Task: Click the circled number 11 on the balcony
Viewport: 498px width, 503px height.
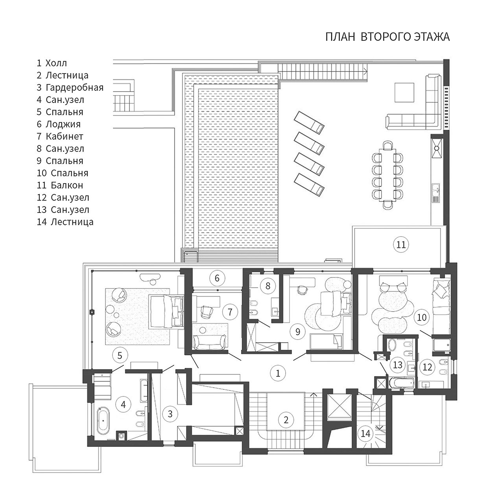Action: click(x=401, y=244)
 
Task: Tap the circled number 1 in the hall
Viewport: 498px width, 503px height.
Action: click(x=278, y=373)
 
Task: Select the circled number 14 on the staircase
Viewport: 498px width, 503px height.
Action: click(x=365, y=434)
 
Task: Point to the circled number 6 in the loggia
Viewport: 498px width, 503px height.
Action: click(x=217, y=278)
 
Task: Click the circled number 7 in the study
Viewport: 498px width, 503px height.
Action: click(x=230, y=312)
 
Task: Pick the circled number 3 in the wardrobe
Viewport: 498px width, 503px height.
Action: click(x=170, y=414)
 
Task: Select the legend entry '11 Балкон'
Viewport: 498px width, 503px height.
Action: click(x=60, y=185)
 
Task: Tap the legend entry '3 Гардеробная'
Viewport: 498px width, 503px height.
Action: click(x=70, y=88)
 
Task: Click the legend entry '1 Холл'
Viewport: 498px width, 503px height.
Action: click(x=52, y=63)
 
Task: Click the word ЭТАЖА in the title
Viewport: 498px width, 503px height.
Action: click(x=432, y=37)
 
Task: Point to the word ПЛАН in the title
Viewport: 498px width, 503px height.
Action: click(x=340, y=37)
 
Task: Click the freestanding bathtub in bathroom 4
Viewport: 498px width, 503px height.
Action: click(x=103, y=421)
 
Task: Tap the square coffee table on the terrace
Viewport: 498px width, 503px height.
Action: click(x=404, y=92)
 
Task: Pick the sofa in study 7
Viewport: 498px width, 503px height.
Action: click(x=210, y=342)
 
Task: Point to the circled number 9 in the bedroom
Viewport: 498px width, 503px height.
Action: click(x=297, y=332)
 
